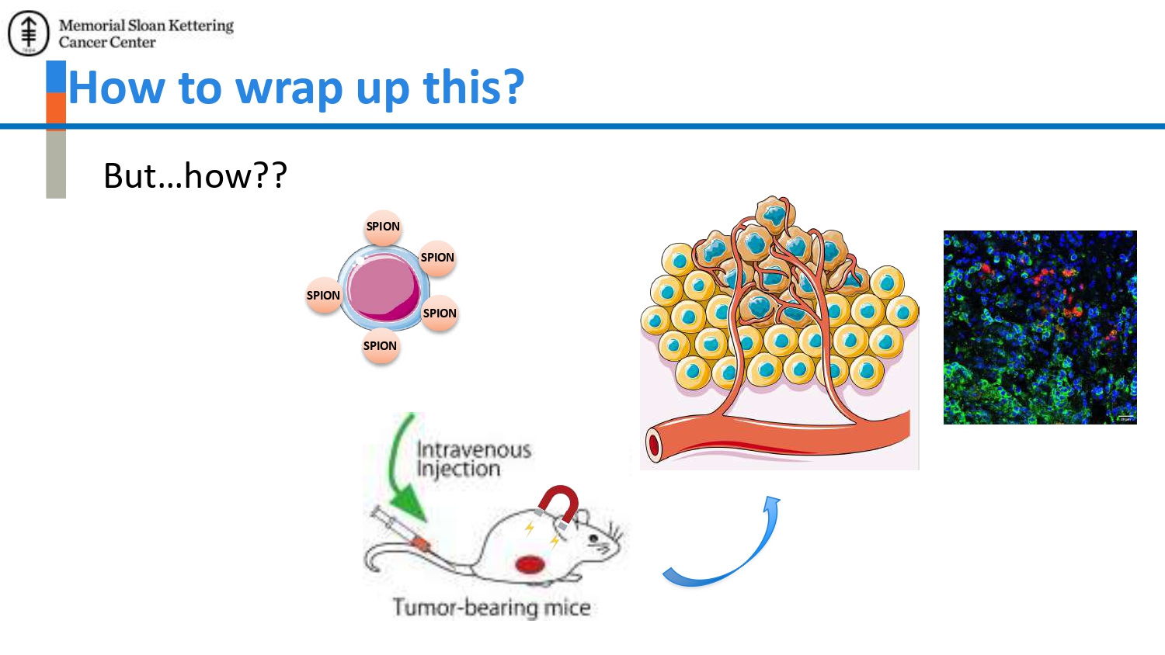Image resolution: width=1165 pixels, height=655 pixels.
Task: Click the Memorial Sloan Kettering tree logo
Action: point(29,33)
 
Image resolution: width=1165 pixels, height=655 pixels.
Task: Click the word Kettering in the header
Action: point(200,26)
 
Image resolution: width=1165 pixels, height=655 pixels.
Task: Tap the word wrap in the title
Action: point(289,88)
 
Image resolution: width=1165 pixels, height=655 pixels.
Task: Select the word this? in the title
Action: point(473,86)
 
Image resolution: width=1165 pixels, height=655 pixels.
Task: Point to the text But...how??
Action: point(195,175)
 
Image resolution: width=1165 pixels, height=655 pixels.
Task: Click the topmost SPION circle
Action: point(383,227)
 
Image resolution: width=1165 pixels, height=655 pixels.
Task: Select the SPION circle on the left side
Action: point(323,295)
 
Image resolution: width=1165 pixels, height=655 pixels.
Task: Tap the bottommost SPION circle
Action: point(381,345)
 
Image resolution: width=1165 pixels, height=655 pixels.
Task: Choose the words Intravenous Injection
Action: point(474,459)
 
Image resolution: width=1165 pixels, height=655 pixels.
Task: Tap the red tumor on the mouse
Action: point(530,564)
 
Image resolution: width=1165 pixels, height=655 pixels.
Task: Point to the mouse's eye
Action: point(593,539)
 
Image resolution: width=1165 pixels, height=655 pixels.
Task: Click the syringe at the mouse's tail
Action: point(401,529)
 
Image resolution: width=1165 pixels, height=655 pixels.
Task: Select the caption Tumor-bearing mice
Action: point(492,607)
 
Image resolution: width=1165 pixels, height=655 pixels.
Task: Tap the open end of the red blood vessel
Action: point(653,445)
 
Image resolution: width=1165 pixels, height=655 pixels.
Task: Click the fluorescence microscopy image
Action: point(1040,327)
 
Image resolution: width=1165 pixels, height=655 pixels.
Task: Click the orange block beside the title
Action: point(56,111)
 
